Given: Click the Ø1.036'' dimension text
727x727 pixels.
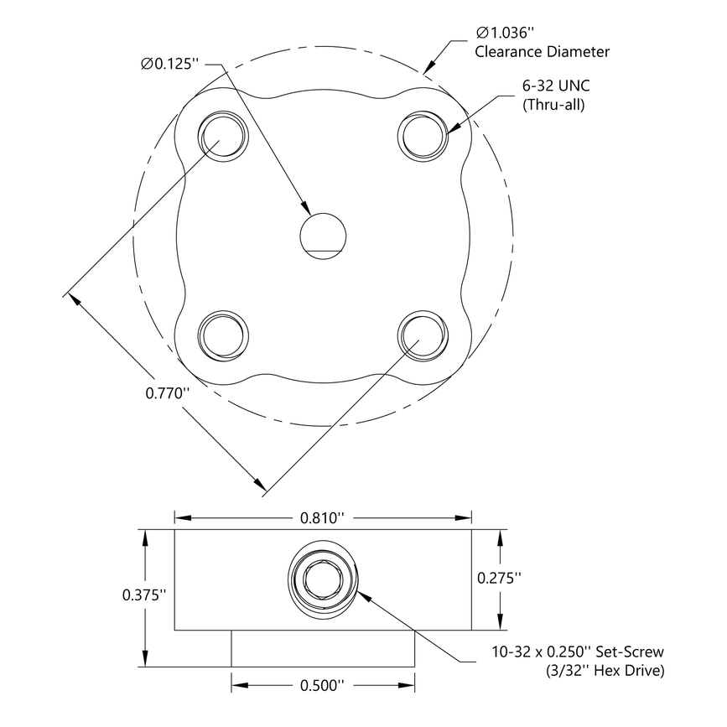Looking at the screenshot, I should pos(504,33).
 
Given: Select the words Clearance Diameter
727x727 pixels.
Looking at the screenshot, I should pos(542,52).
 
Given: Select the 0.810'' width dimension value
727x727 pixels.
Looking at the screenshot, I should pos(323,518).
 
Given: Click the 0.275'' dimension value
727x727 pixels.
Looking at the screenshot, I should pos(499,578).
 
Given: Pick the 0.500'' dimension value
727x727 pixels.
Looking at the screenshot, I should pos(323,686).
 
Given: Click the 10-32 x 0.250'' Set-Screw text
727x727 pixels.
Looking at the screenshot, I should pos(578,652).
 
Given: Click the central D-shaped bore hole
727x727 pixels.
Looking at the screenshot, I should pos(323,234).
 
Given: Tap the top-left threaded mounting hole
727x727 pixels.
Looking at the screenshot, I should pos(223,133).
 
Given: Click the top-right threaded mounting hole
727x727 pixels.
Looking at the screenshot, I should pos(423,133).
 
